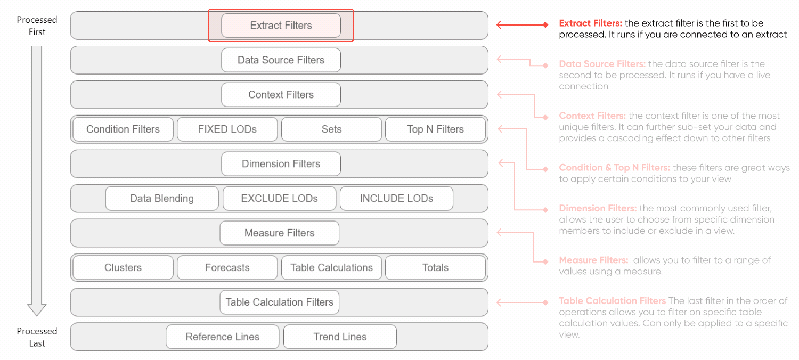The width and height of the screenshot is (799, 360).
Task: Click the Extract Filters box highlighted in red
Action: tap(280, 25)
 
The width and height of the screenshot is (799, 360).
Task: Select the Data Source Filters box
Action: tap(280, 60)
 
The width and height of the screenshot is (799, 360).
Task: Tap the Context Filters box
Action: tap(280, 95)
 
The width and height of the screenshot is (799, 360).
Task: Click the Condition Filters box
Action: tap(123, 129)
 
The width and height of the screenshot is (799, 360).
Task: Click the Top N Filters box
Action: tap(435, 129)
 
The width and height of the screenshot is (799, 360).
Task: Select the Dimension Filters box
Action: tap(280, 164)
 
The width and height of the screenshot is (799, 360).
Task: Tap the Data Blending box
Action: tap(162, 198)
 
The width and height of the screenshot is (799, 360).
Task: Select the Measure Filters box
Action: tap(280, 233)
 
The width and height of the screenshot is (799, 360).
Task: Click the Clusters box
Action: tap(123, 267)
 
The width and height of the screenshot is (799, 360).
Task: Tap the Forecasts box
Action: tap(227, 267)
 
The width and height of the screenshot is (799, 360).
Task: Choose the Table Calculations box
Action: tap(331, 267)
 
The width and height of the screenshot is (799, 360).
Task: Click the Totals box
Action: tap(435, 267)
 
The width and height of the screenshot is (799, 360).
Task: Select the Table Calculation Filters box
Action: tap(280, 302)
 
